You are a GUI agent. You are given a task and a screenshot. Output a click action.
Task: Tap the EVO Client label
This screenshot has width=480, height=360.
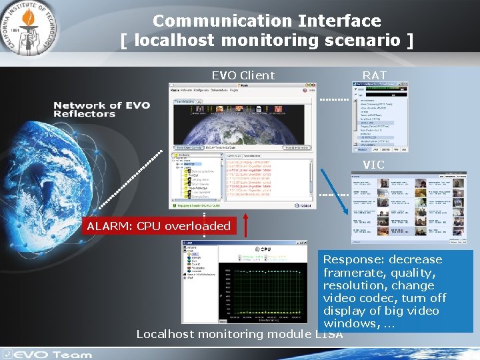[x=243, y=75]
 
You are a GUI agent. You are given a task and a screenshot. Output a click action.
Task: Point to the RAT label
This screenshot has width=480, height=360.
[x=375, y=75]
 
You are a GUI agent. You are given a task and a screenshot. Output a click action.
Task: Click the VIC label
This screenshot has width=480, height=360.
[x=374, y=165]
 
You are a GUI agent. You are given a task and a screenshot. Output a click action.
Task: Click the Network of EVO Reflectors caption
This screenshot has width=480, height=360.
[x=102, y=109]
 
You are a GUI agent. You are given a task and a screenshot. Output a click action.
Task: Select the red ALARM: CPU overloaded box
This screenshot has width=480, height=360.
[x=159, y=226]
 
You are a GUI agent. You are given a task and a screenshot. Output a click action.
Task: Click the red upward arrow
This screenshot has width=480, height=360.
[x=246, y=226]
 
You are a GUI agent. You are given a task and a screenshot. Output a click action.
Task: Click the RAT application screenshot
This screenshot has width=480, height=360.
[x=379, y=117]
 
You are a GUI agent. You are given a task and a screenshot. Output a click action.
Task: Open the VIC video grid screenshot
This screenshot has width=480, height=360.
[x=409, y=208]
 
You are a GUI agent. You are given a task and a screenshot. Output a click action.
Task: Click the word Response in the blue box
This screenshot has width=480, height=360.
[x=352, y=259]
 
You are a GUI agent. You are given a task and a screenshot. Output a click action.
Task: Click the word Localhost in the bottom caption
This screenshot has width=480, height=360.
[x=165, y=334]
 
